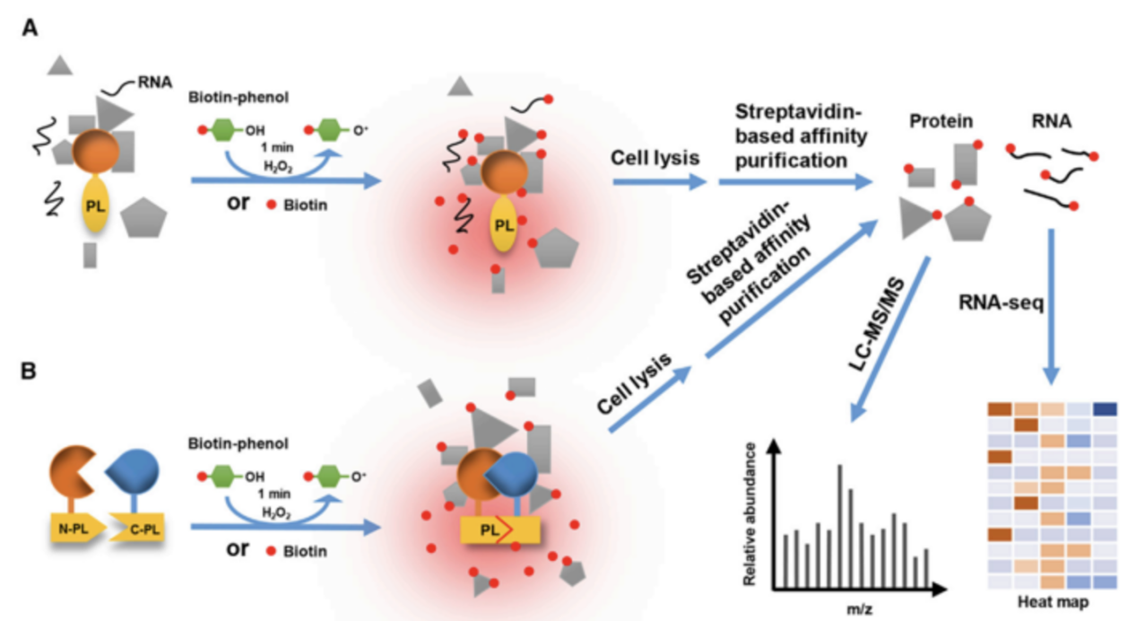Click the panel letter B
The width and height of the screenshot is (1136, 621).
click(30, 370)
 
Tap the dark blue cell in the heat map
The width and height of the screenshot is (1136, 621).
click(1104, 409)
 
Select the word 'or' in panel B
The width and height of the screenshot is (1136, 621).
click(238, 548)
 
